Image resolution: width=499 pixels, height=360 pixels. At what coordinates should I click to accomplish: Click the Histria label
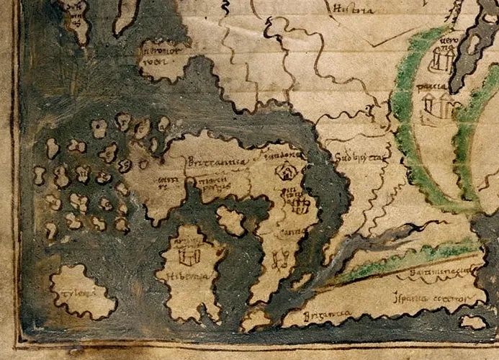point(352,9)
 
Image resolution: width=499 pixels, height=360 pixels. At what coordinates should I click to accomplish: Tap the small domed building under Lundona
point(288,172)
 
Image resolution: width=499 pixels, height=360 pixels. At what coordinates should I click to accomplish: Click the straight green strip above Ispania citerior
point(403,260)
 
